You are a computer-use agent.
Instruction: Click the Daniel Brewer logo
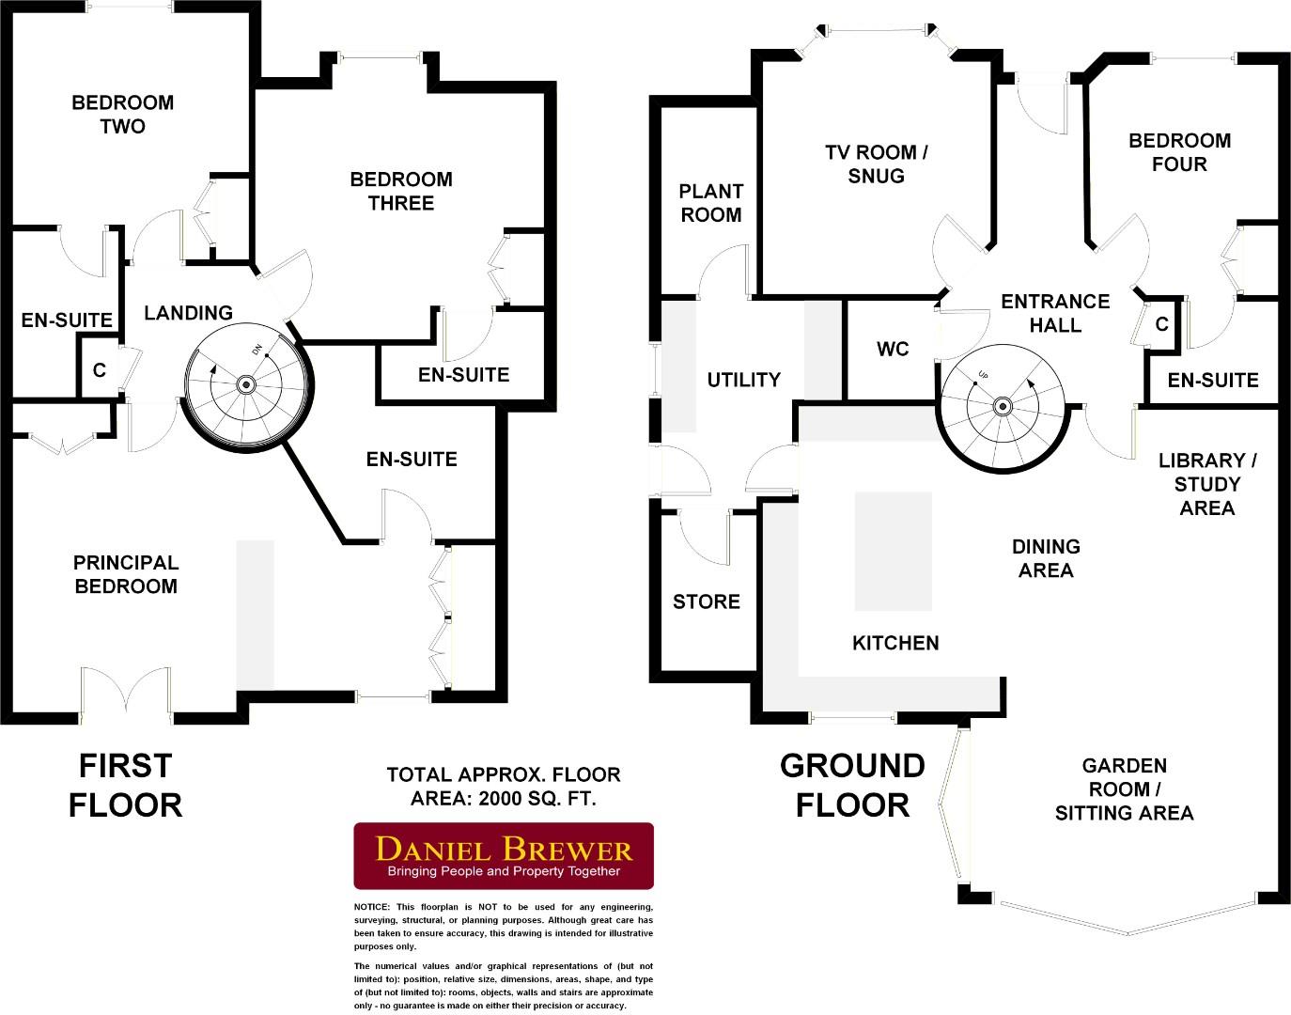503,855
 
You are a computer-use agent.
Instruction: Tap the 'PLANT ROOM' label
710,203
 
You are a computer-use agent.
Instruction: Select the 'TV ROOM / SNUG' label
876,164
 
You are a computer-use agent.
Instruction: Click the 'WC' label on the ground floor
893,350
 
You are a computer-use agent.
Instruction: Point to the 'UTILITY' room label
743,380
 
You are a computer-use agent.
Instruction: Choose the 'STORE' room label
706,601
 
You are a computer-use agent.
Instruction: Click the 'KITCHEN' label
894,643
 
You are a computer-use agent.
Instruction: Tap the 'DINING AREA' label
1045,558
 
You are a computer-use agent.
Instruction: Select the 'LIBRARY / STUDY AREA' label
1207,484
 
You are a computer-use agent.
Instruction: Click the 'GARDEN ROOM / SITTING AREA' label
1124,789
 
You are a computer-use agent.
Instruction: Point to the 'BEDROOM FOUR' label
1179,152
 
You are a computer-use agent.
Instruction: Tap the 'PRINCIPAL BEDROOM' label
125,574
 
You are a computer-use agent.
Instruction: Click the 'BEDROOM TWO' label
122,114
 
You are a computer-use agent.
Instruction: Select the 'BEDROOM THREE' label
400,191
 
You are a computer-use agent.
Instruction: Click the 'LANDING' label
188,313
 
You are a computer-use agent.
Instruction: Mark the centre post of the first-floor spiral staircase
246,383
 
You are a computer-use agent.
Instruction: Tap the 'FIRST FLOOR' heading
125,786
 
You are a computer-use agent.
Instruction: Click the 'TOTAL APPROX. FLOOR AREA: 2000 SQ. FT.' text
503,787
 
